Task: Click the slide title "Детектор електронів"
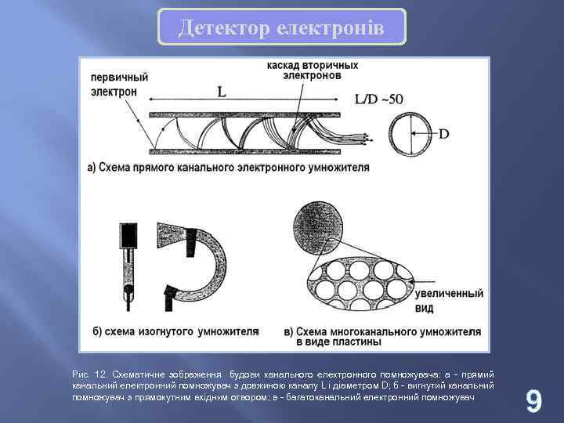[x=281, y=27]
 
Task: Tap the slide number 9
[x=533, y=401]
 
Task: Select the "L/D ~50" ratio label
[x=379, y=99]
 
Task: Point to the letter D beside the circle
[x=443, y=134]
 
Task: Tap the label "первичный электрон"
[x=120, y=85]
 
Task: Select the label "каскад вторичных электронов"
[x=313, y=70]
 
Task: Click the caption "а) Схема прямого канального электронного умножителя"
[x=228, y=167]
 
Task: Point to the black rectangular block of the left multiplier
[x=128, y=236]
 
